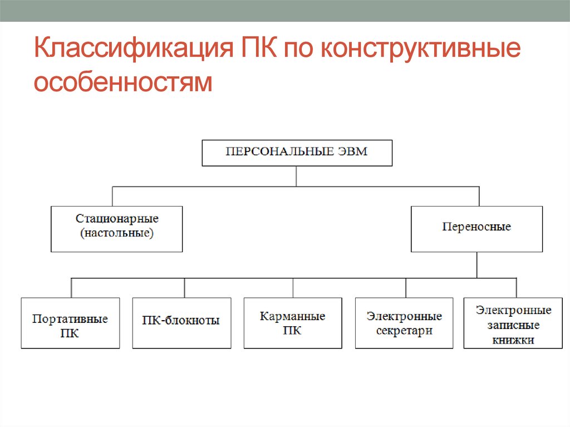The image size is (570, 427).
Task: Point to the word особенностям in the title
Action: [123, 81]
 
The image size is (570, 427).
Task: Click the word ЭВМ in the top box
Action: [352, 152]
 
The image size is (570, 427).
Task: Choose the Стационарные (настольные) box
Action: [116, 229]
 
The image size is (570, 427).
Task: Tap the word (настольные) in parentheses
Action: [116, 234]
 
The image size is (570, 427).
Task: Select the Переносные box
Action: [476, 229]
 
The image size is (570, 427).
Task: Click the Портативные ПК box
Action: [70, 323]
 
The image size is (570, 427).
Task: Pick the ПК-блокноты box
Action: [181, 323]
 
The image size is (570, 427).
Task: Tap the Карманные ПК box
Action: [293, 323]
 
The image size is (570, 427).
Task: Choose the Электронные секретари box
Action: [404, 323]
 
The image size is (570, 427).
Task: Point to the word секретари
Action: [404, 330]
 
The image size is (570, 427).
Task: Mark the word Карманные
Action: [293, 317]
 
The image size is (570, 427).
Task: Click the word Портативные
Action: [70, 320]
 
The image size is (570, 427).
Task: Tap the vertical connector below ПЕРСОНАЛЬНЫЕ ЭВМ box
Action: [296, 176]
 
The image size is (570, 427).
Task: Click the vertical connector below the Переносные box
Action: [476, 264]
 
